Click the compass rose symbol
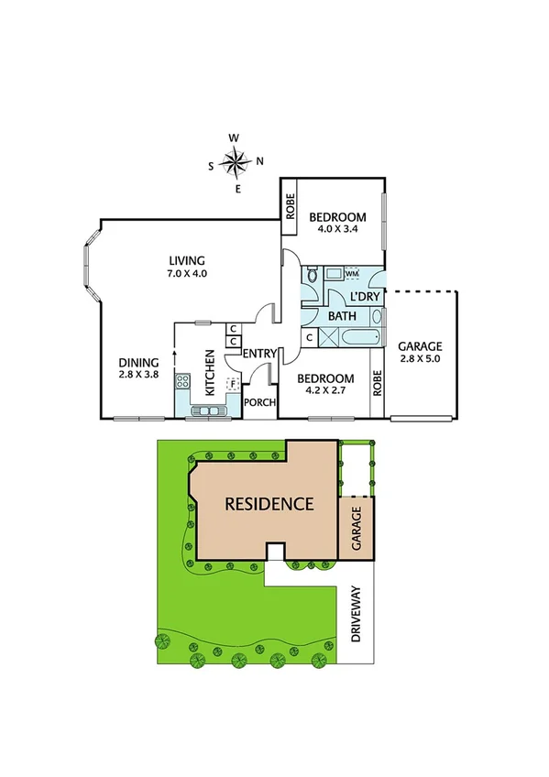236,164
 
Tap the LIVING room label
187,260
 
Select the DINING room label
138,361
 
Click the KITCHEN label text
210,373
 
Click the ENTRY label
259,355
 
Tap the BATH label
342,316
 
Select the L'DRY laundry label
366,296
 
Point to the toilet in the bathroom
313,274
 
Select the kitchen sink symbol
210,410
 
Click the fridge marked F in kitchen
233,383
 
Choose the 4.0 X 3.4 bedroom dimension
336,230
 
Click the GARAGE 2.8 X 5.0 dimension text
420,359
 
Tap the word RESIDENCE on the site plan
269,503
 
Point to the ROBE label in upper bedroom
290,199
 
